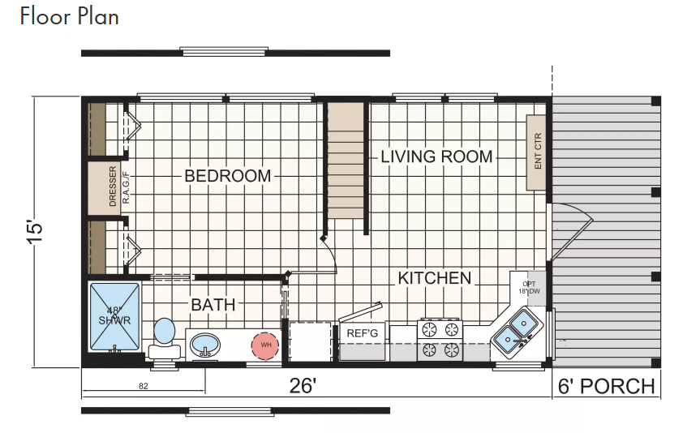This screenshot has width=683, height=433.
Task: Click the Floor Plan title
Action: [x=69, y=16]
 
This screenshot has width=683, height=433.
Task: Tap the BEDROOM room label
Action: [x=228, y=176]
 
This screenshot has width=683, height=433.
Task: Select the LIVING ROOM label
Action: [x=436, y=156]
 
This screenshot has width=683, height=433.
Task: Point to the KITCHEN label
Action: [x=435, y=278]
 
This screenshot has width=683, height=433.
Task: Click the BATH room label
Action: [x=213, y=305]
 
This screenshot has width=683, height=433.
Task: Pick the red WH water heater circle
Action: [x=265, y=345]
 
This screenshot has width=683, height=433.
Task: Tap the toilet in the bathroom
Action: [x=165, y=338]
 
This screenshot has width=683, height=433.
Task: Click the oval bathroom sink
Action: [x=205, y=345]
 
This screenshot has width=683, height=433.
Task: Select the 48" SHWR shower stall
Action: [x=114, y=316]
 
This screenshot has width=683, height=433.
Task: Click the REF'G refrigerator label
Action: [x=362, y=334]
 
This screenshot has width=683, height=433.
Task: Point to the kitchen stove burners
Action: [x=440, y=341]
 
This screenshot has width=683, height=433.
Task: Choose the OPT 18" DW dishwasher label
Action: [x=529, y=288]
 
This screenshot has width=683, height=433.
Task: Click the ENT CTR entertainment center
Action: [x=536, y=152]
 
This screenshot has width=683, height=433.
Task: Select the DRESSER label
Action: [x=113, y=186]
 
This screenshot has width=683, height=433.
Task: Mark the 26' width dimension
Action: [x=303, y=385]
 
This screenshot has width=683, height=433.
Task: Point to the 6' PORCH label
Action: [x=606, y=387]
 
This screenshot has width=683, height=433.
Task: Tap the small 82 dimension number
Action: [x=144, y=386]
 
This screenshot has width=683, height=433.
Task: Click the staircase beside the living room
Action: [x=346, y=160]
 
